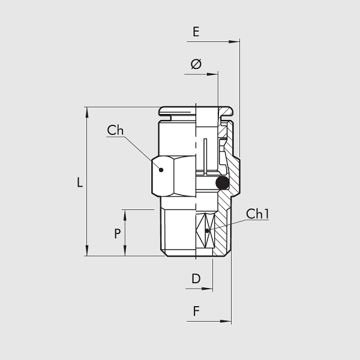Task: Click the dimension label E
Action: click(196, 32)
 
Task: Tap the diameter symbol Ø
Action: click(196, 64)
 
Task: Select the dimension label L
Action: click(79, 182)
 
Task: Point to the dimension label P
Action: click(118, 234)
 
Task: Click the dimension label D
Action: click(196, 279)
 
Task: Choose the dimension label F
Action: click(196, 311)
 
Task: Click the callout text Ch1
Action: click(257, 214)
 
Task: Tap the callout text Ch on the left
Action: click(115, 130)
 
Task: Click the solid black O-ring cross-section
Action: click(222, 183)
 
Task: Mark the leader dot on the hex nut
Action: click(161, 170)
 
